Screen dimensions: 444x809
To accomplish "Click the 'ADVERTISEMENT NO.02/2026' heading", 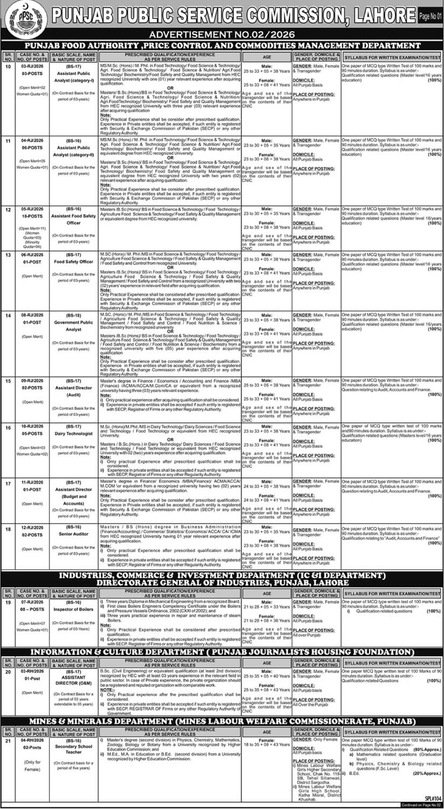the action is tap(221, 35).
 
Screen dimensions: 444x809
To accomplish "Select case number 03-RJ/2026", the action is tap(31, 65).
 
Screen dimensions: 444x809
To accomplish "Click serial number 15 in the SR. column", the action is tap(8, 381).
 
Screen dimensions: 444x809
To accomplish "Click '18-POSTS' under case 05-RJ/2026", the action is tap(31, 216).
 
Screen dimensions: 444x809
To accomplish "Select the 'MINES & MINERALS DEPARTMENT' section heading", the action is tap(222, 721).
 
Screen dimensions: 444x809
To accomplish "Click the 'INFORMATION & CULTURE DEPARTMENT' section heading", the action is tap(222, 652).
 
